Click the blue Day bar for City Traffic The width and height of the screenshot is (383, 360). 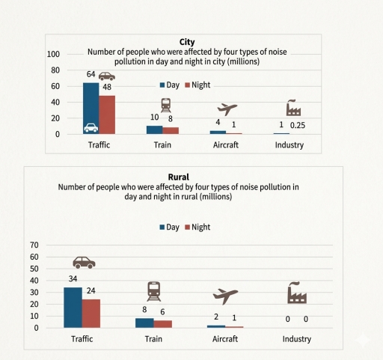(x=91, y=109)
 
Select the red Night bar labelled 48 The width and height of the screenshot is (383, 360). (x=107, y=115)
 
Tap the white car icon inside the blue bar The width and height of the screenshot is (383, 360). (x=91, y=128)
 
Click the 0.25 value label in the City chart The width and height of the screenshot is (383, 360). (x=298, y=125)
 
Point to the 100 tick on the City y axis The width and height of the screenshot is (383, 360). (x=53, y=54)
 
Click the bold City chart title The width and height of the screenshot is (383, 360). (x=187, y=42)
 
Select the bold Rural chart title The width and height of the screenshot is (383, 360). (x=179, y=177)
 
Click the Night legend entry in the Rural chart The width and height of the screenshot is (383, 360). (x=197, y=227)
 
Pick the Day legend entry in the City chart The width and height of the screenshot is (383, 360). (x=170, y=85)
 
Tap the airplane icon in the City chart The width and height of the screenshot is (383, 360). (x=227, y=109)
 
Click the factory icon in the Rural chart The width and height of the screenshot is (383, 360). (x=297, y=293)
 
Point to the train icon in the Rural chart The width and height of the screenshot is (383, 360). (x=154, y=291)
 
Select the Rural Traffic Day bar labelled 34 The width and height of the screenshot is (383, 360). (x=73, y=308)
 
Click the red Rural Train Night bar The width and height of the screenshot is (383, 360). (x=163, y=324)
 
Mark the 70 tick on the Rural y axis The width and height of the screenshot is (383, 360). (x=34, y=245)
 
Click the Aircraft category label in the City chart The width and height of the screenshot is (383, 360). (x=226, y=145)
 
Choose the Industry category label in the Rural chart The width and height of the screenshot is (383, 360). (x=297, y=339)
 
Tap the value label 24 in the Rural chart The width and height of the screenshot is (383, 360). (x=91, y=290)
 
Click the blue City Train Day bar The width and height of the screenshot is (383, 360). (x=155, y=130)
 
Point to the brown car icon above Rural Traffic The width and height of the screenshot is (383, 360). (x=84, y=263)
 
